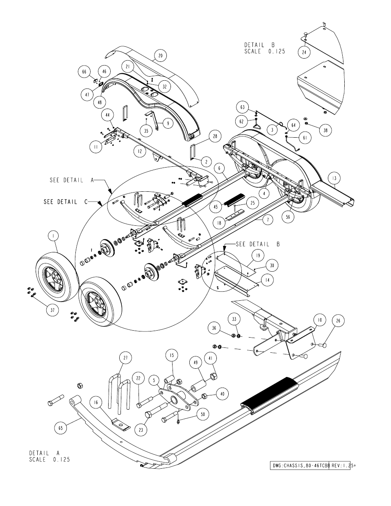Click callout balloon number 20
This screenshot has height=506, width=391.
160,55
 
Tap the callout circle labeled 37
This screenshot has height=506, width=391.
52,310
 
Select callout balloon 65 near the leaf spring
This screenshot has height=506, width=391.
61,428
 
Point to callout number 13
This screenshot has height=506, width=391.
334,178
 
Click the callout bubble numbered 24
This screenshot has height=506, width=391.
305,52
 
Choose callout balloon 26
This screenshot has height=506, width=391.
338,321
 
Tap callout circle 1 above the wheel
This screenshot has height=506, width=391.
54,236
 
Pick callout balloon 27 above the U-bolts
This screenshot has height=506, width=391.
125,358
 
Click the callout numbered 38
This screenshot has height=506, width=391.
325,130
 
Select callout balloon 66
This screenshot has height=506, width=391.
84,72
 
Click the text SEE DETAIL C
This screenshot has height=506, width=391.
66,202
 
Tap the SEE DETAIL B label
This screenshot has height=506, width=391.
257,244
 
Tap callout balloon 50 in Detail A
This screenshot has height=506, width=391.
202,414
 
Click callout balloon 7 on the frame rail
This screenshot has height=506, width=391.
268,220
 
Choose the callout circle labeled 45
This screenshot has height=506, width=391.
216,207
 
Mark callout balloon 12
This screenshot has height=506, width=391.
140,151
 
